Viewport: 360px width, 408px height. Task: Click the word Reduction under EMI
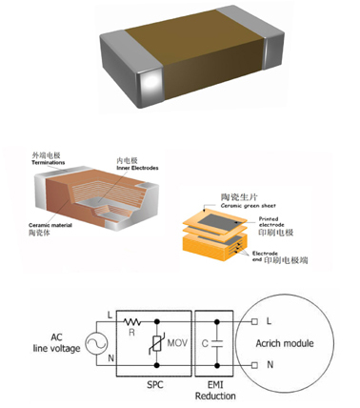coord(218,395)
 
